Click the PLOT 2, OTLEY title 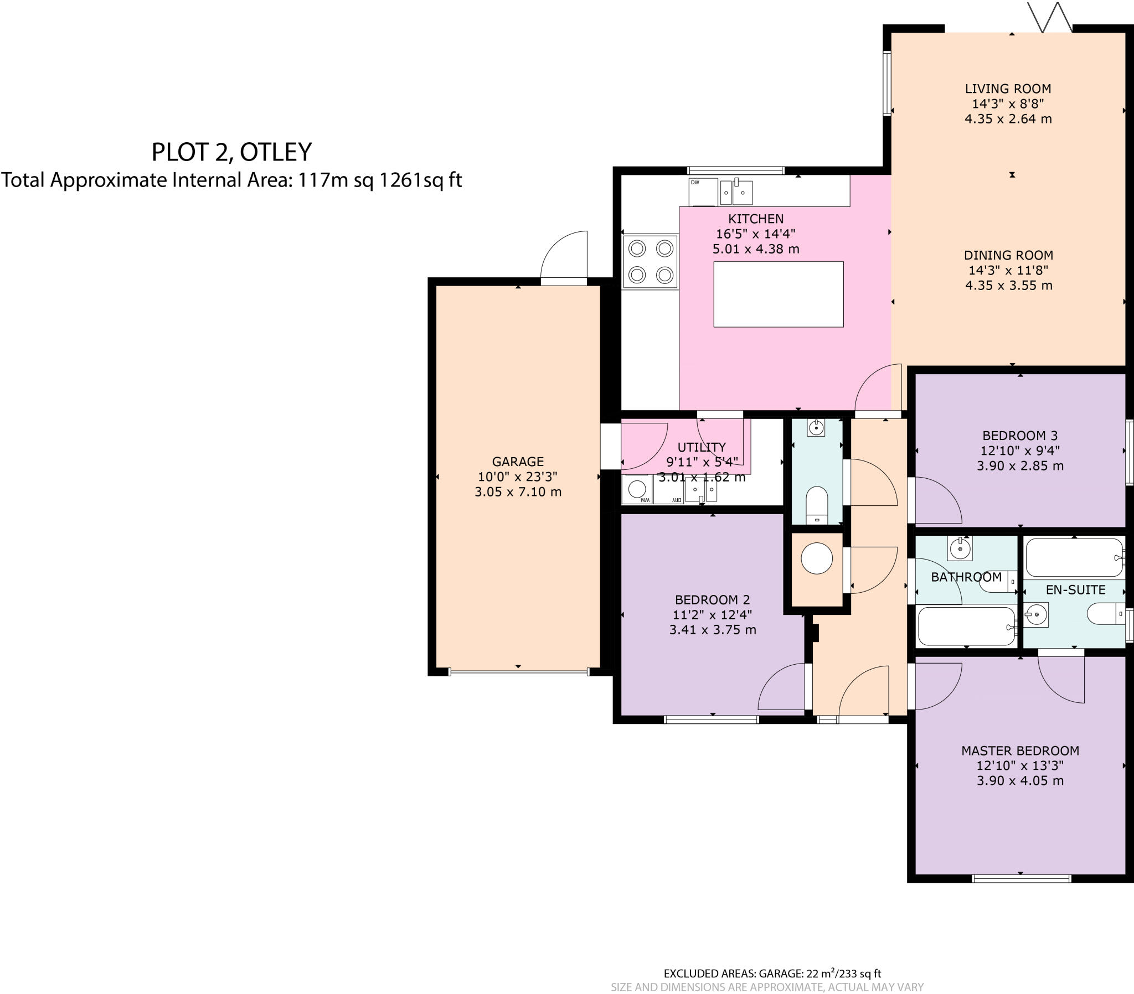pyautogui.click(x=231, y=152)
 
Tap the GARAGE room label pyautogui.click(x=518, y=462)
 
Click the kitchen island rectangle pyautogui.click(x=778, y=294)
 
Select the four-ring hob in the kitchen pyautogui.click(x=650, y=262)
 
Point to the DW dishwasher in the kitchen pyautogui.click(x=702, y=191)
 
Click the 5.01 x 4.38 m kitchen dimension pyautogui.click(x=756, y=249)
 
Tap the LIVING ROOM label pyautogui.click(x=1008, y=89)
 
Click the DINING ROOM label pyautogui.click(x=1008, y=255)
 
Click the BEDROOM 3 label pyautogui.click(x=1020, y=436)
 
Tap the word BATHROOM pyautogui.click(x=966, y=577)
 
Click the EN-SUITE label pyautogui.click(x=1075, y=589)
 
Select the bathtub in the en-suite pyautogui.click(x=1074, y=557)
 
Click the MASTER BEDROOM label pyautogui.click(x=1020, y=750)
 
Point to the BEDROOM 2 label pyautogui.click(x=712, y=599)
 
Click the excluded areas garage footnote pyautogui.click(x=772, y=973)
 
